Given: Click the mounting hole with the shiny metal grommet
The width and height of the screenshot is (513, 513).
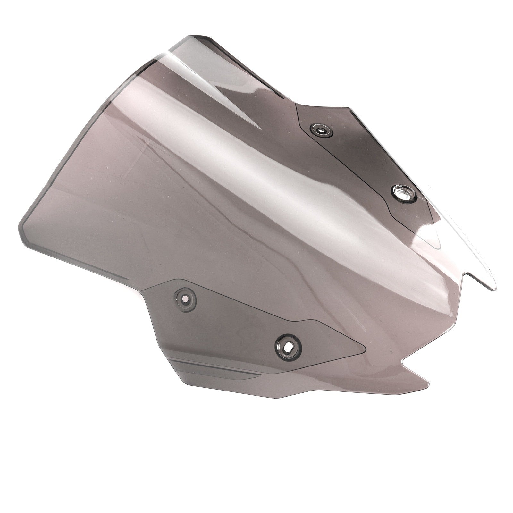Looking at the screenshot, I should [404, 193].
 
